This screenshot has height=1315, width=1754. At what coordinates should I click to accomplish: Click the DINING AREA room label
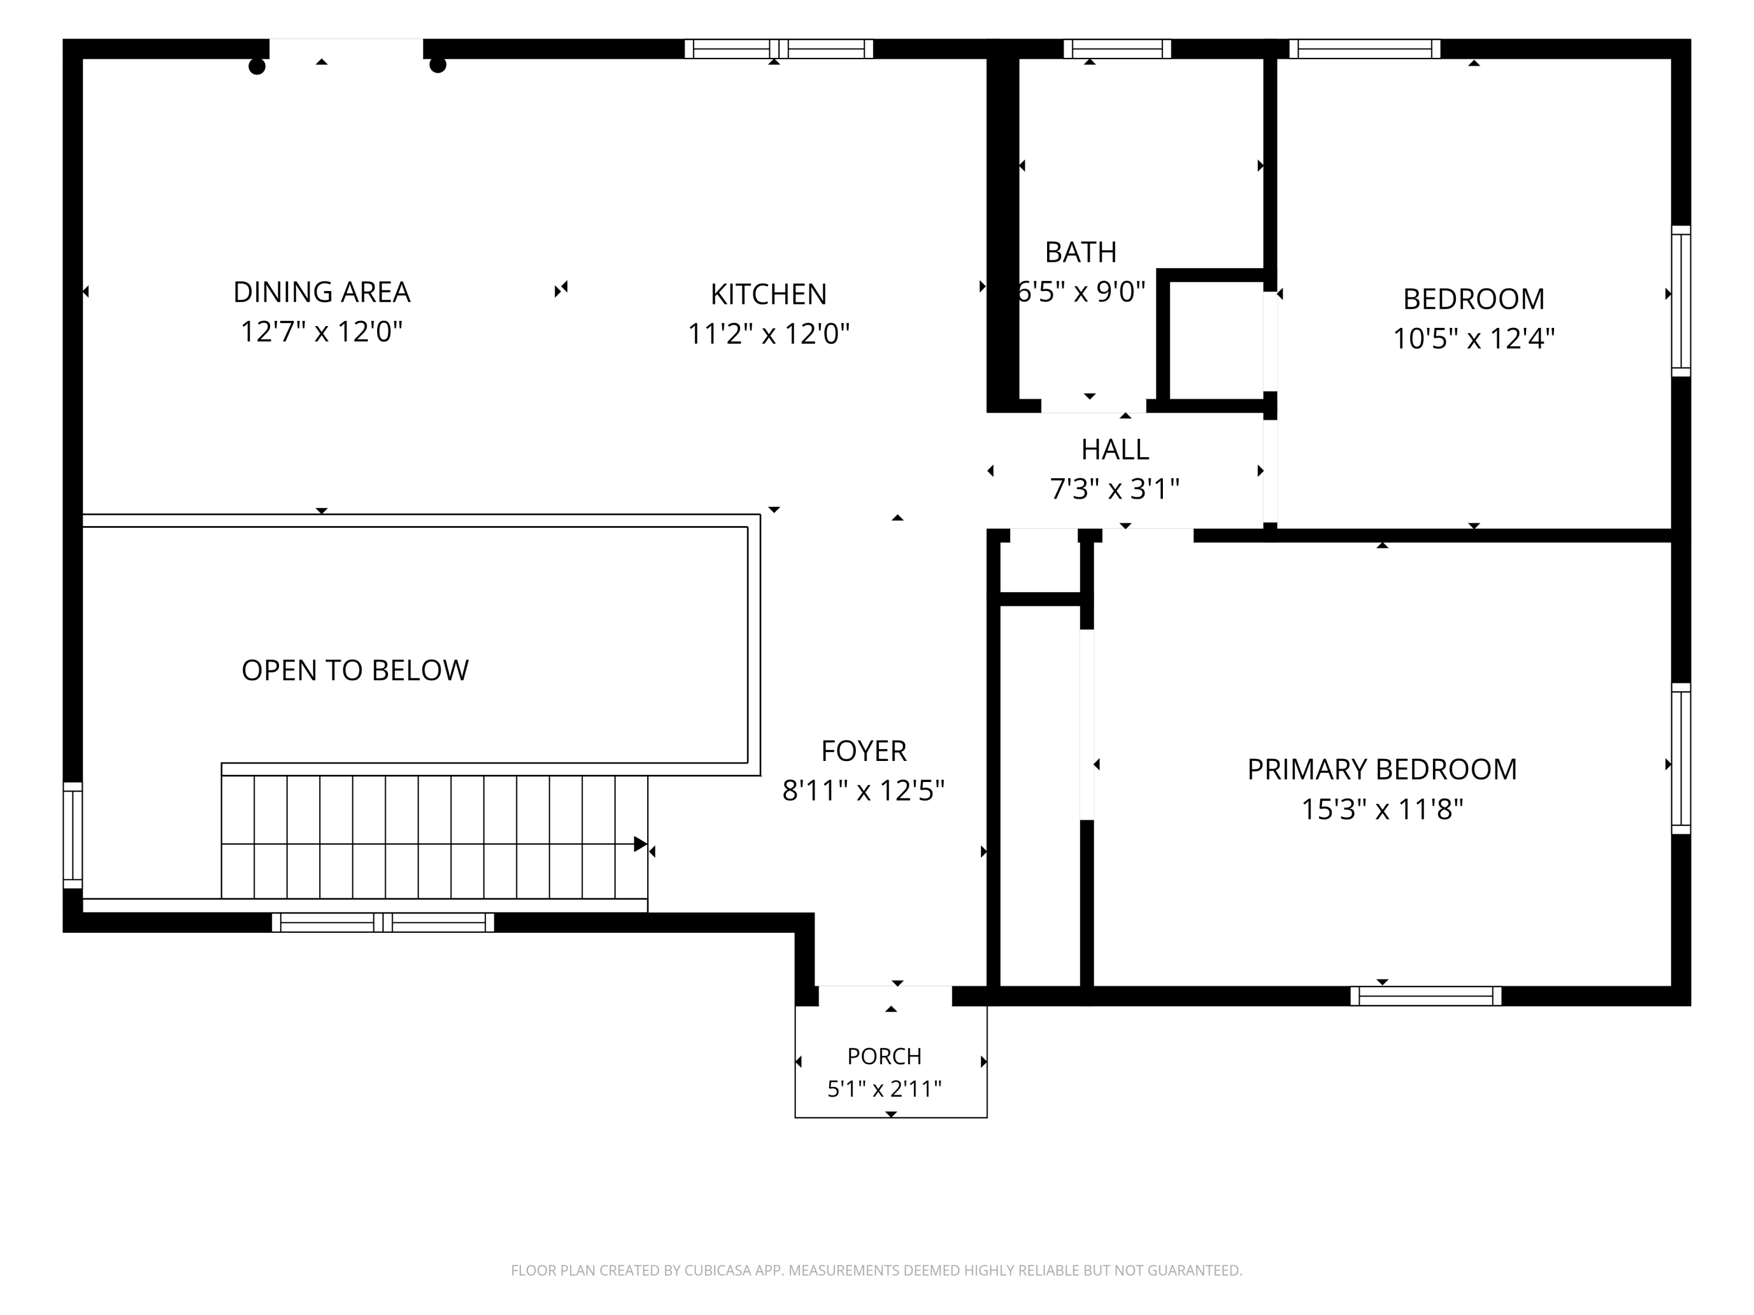pyautogui.click(x=321, y=292)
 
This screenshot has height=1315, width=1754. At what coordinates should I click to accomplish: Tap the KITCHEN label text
pyautogui.click(x=768, y=294)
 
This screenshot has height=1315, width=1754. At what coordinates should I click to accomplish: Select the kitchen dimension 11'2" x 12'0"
pyautogui.click(x=768, y=334)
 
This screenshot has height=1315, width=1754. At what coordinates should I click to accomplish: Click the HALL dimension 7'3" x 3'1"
pyautogui.click(x=1115, y=489)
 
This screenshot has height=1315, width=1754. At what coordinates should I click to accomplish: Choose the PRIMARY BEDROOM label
pyautogui.click(x=1382, y=769)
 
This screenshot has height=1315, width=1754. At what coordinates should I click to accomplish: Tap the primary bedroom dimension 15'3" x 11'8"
pyautogui.click(x=1382, y=809)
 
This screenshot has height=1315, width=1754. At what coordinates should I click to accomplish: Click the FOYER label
pyautogui.click(x=864, y=750)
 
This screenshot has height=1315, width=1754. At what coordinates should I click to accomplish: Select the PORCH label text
pyautogui.click(x=884, y=1057)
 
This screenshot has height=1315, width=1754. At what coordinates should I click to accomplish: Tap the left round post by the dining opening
pyautogui.click(x=257, y=67)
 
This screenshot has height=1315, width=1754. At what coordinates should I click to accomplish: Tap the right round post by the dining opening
pyautogui.click(x=438, y=65)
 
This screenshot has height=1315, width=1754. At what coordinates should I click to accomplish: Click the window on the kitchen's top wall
pyautogui.click(x=779, y=49)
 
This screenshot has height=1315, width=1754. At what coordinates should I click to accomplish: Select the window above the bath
pyautogui.click(x=1117, y=49)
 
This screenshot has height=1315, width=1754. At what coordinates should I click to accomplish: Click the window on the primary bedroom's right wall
pyautogui.click(x=1681, y=759)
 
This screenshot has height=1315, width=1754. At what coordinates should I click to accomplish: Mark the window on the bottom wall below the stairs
pyautogui.click(x=383, y=923)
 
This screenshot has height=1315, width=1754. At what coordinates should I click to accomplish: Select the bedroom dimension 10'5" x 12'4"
pyautogui.click(x=1474, y=338)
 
